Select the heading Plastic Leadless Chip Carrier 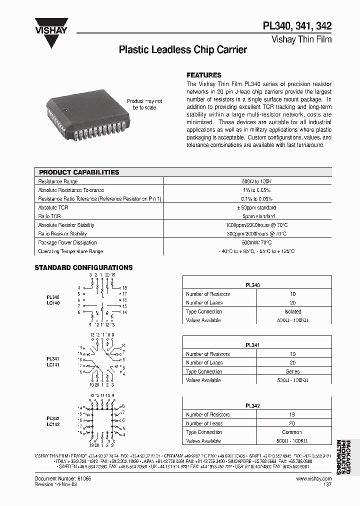coord(182,50)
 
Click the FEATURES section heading coord(203,75)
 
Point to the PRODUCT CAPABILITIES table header coord(79,172)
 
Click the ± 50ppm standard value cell coord(256,207)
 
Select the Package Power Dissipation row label coord(67,242)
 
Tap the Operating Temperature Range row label coord(70,251)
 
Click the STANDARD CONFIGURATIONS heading coord(83,267)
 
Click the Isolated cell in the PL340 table coord(292,311)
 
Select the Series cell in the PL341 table coord(292,371)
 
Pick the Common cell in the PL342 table coord(292,432)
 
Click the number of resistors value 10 coord(292,294)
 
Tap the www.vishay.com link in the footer coord(313,478)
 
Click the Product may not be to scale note coord(144,104)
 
